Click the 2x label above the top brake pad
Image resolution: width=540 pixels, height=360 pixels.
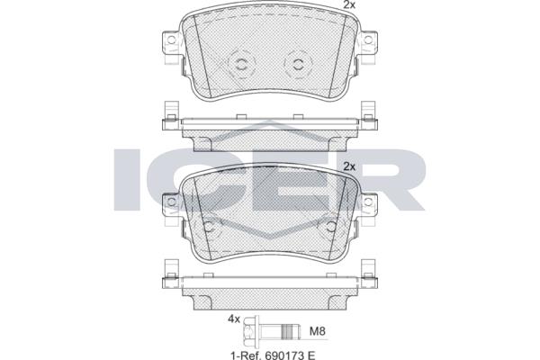click(x=349, y=4)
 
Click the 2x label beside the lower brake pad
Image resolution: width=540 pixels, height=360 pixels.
click(x=349, y=166)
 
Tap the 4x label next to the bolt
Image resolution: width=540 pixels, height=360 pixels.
click(x=233, y=319)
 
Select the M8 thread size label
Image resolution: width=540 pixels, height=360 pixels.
click(x=317, y=331)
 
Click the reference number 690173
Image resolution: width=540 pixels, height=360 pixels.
click(x=284, y=355)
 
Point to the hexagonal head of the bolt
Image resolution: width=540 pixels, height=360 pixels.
click(x=251, y=331)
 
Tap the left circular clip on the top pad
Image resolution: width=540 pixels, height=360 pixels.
click(x=240, y=63)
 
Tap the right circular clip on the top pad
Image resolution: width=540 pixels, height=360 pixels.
click(x=298, y=63)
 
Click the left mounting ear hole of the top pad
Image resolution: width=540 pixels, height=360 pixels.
click(x=171, y=40)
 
